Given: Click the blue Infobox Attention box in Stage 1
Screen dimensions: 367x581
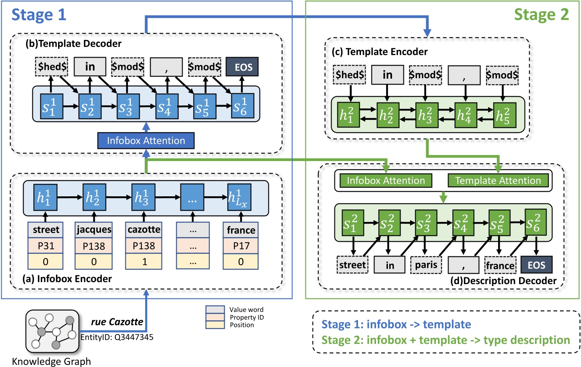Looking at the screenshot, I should click(x=146, y=141).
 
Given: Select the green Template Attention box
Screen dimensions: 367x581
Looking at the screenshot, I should click(x=498, y=181).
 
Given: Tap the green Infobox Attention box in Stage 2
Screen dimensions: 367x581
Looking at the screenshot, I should click(x=385, y=181).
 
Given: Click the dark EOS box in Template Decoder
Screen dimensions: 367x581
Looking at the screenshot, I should click(x=242, y=67).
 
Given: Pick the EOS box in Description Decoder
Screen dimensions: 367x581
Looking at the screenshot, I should click(x=536, y=265).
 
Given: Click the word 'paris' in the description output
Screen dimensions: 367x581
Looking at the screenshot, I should click(x=426, y=265).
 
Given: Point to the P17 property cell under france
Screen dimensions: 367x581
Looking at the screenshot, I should click(x=241, y=246).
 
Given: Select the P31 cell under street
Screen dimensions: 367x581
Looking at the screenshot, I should click(x=45, y=246).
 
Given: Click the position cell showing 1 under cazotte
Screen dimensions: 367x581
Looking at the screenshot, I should click(x=144, y=261).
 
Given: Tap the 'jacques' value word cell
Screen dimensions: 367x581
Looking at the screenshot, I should click(x=94, y=230).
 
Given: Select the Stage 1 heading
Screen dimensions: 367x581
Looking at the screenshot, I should click(x=39, y=15).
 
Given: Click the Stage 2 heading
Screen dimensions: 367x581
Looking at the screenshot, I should click(x=541, y=15).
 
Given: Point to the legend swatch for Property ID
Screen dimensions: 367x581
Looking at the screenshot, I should click(x=215, y=317).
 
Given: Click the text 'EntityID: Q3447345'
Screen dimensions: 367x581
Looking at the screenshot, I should click(x=117, y=337).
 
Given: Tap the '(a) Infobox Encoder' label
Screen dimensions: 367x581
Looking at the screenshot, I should click(x=67, y=279).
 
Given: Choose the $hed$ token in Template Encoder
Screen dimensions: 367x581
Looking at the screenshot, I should click(x=349, y=75).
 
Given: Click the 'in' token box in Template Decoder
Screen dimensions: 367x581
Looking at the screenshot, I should click(x=90, y=67).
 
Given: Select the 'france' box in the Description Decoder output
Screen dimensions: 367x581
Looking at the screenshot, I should click(x=500, y=265).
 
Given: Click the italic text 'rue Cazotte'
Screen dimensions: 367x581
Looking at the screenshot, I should click(x=117, y=322).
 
